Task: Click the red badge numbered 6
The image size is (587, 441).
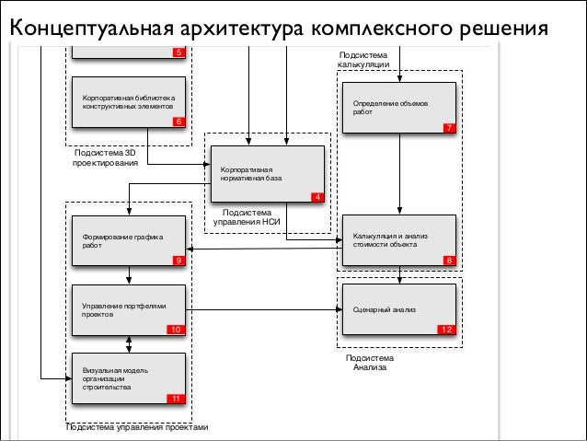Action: click(178, 122)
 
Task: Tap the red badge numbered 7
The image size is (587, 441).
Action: click(448, 128)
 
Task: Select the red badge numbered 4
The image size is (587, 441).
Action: click(317, 197)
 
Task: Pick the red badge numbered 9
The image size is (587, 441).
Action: click(178, 261)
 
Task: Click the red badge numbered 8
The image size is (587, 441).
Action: click(448, 261)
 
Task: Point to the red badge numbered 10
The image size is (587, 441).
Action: click(176, 329)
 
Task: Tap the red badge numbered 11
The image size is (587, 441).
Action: click(176, 398)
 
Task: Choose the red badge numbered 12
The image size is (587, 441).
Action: click(446, 330)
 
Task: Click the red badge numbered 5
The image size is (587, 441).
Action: click(178, 52)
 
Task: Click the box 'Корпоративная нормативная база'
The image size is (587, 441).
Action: click(268, 174)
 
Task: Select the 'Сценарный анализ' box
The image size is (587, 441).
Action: click(398, 309)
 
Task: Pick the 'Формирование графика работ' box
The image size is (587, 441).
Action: click(130, 241)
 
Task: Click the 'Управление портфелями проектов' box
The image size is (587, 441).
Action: click(130, 309)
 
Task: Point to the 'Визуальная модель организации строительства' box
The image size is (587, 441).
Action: click(130, 377)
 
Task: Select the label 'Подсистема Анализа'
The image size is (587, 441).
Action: click(369, 362)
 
